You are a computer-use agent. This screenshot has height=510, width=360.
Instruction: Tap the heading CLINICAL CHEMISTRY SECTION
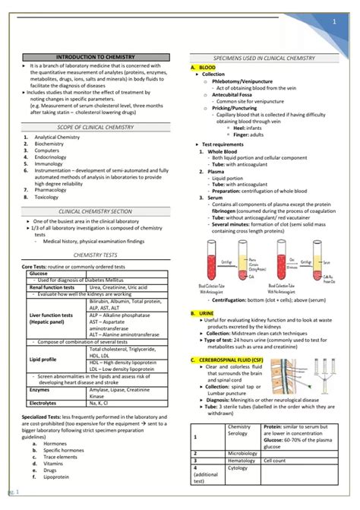tap(93, 211)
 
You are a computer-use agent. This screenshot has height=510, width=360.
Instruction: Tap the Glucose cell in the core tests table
tap(38, 273)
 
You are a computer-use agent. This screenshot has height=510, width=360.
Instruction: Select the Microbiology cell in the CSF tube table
tap(244, 453)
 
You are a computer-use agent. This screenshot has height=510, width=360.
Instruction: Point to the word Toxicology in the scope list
tap(48, 196)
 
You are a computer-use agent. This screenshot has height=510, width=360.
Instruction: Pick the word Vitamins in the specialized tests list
tap(54, 463)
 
